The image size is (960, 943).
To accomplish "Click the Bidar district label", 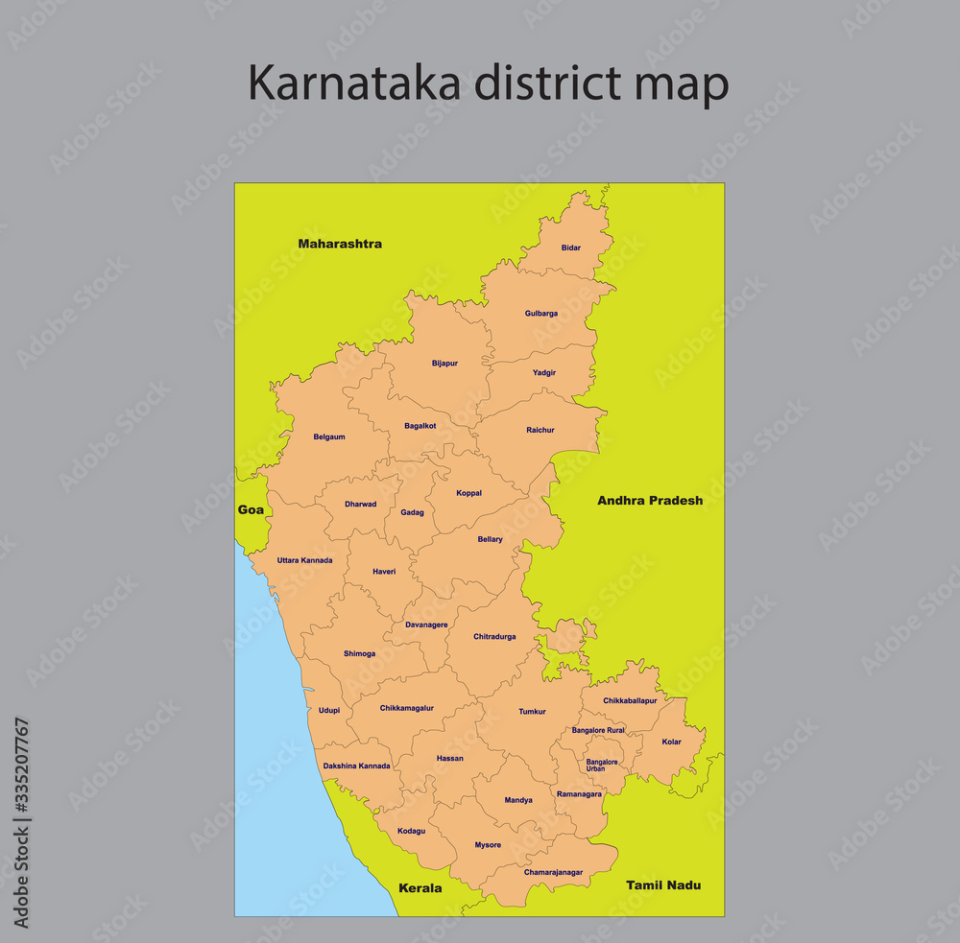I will tap(571, 248).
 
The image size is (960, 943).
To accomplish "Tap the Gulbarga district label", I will tap(541, 314).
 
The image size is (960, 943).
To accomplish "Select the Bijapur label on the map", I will tap(444, 364).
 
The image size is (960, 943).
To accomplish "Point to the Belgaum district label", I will tap(329, 437).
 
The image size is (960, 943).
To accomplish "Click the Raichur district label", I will tap(540, 430).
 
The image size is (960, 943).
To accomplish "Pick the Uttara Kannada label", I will tap(304, 560).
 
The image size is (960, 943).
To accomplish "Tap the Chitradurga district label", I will tap(494, 637).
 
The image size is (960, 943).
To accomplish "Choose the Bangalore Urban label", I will tap(602, 766).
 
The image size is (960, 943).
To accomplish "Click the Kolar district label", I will tap(671, 742).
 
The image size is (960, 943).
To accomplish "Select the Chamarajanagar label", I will tap(553, 872).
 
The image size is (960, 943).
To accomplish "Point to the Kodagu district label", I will tap(411, 831).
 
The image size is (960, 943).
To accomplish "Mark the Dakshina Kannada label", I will tap(356, 766).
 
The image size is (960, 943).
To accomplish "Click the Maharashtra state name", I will tap(340, 244).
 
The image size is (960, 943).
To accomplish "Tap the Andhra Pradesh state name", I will tap(650, 501).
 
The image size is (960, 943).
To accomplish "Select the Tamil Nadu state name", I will tap(663, 884).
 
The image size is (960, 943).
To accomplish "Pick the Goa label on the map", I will tap(251, 510).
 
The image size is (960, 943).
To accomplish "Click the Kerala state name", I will tap(420, 888).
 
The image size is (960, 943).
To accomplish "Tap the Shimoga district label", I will tap(360, 654).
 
